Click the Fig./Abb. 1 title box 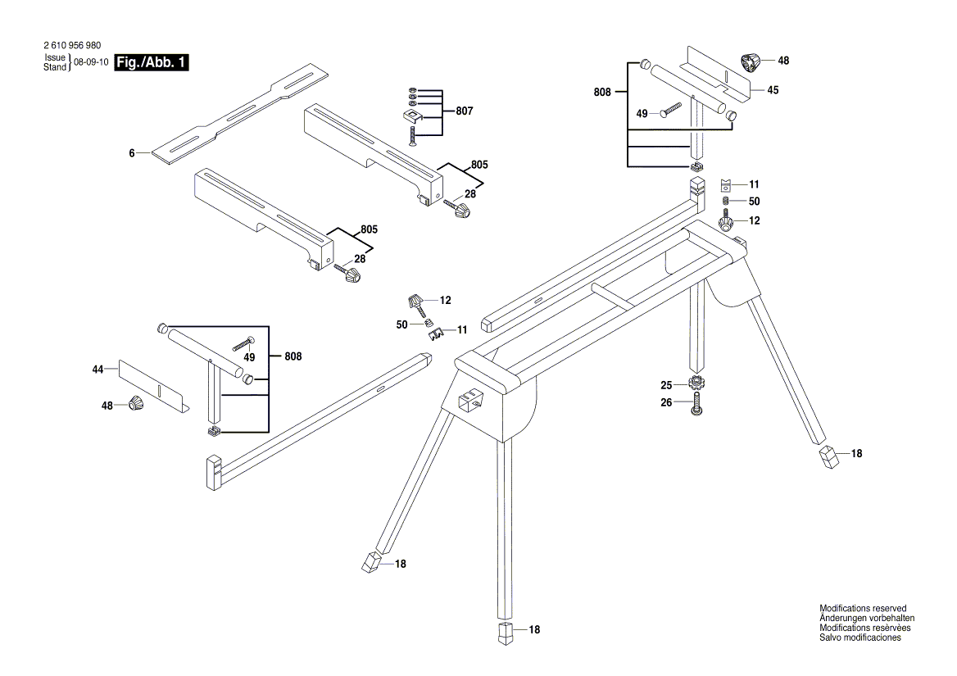152,63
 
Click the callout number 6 132,152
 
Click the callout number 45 773,91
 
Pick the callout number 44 97,370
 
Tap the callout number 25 667,384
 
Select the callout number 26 667,402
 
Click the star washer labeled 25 696,383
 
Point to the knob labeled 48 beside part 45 750,61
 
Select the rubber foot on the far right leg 829,457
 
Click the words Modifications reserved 863,608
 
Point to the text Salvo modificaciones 860,637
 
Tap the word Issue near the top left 54,59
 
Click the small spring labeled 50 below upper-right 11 725,202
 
